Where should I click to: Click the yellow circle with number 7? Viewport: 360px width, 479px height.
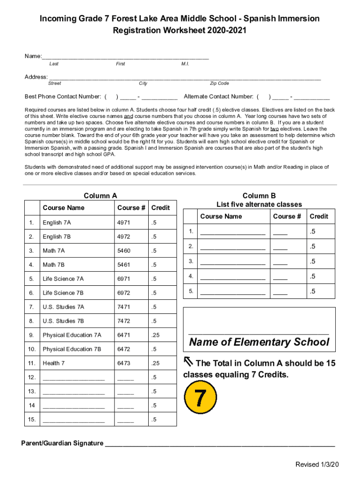201,398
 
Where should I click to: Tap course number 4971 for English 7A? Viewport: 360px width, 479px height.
124,223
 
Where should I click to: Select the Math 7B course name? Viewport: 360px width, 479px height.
54,265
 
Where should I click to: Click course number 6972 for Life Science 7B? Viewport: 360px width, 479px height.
124,293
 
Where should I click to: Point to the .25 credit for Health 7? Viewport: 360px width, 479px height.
155,363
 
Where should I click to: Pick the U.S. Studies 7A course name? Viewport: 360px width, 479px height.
63,307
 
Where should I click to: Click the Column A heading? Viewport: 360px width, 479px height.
100,196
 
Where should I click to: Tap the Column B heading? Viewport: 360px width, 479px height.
259,196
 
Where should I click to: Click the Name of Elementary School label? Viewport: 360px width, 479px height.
259,342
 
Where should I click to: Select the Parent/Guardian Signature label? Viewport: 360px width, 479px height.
62,443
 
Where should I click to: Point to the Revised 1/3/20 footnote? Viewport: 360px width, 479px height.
317,464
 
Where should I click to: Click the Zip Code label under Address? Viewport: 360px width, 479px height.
219,83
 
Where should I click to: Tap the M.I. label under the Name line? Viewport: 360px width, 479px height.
185,64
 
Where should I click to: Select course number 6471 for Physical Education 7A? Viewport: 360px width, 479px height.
124,335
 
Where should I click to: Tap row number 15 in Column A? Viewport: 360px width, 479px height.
31,419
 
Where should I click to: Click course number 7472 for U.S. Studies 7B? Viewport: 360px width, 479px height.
124,321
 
